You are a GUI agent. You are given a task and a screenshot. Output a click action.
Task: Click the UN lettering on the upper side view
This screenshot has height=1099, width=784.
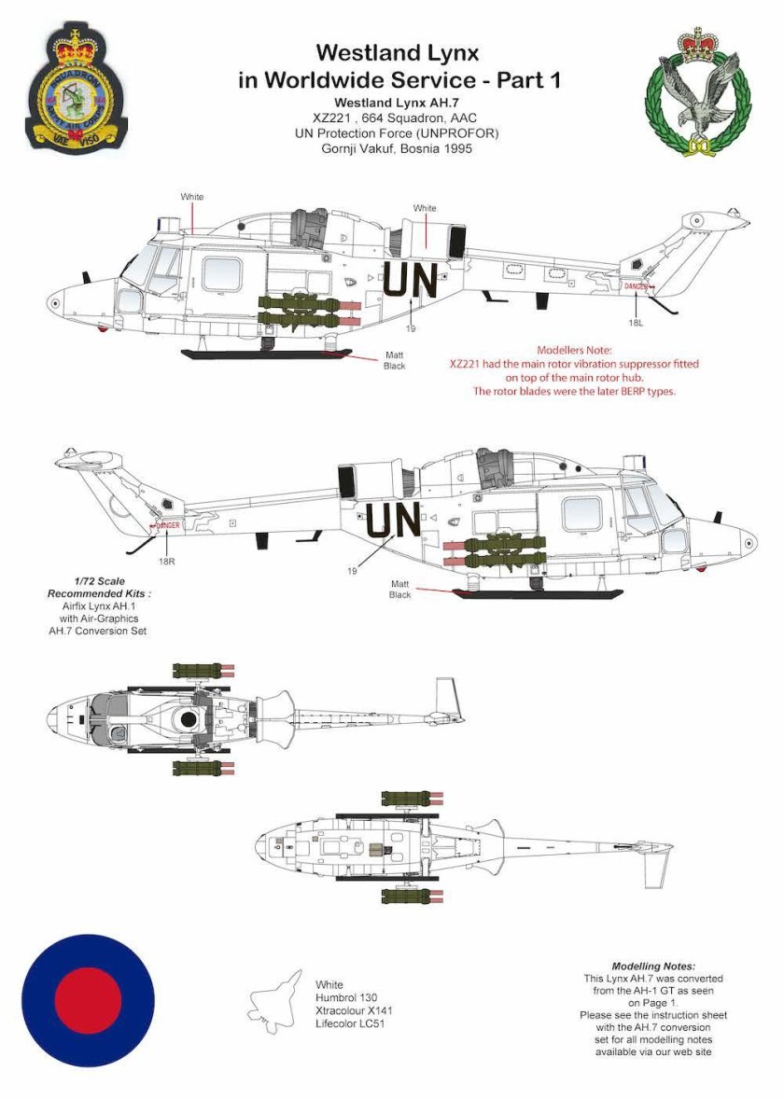pyautogui.click(x=407, y=281)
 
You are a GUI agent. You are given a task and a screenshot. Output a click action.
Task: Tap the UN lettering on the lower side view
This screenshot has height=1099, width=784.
pyautogui.click(x=393, y=521)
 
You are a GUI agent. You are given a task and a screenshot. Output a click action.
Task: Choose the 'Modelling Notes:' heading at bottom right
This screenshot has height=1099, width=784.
pyautogui.click(x=653, y=966)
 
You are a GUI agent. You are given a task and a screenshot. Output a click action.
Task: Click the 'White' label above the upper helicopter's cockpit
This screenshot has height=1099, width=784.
pyautogui.click(x=192, y=197)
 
